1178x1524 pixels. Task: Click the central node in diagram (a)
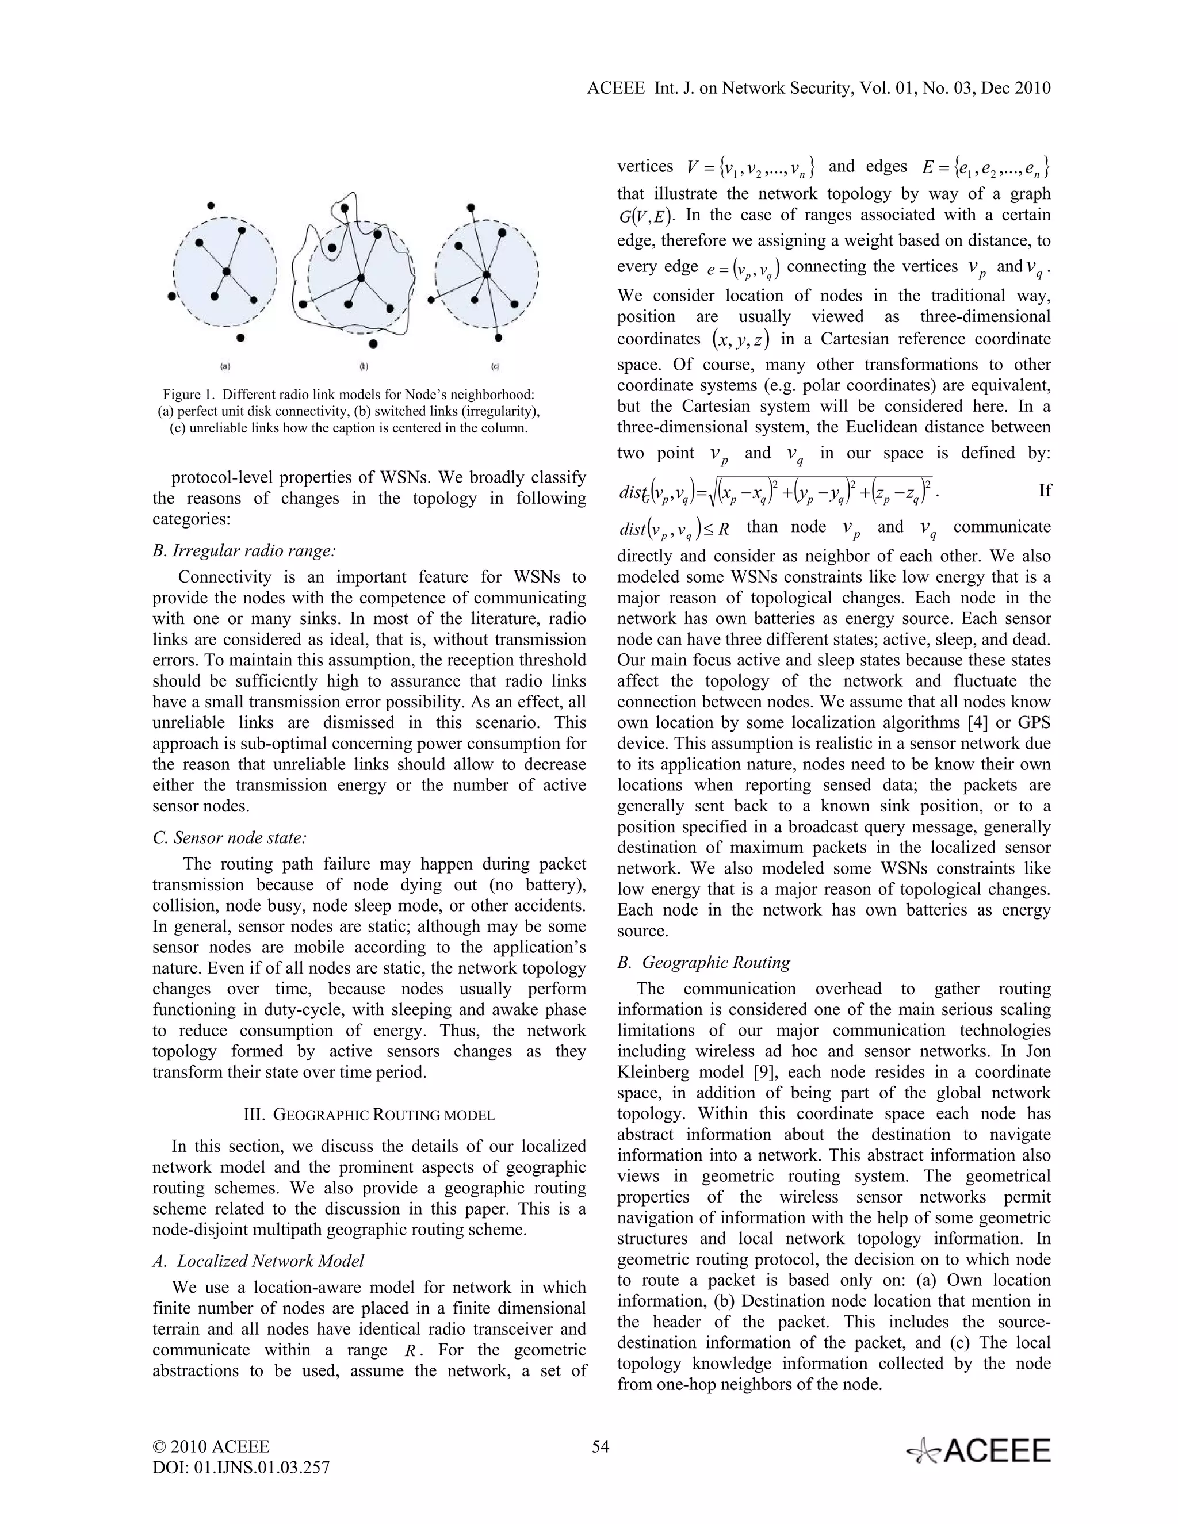(x=226, y=271)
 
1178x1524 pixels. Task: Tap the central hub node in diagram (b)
(x=361, y=278)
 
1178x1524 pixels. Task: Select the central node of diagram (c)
(x=487, y=274)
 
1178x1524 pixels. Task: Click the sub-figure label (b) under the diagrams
(x=364, y=366)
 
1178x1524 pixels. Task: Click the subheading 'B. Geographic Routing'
(x=704, y=962)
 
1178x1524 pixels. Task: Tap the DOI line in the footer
(x=241, y=1468)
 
